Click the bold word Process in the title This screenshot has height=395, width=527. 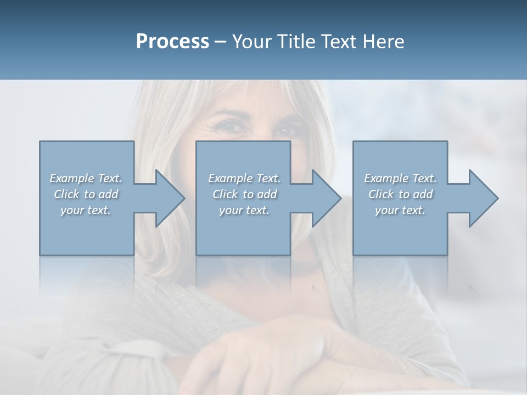(172, 42)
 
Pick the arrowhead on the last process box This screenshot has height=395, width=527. (483, 198)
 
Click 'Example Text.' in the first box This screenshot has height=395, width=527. (86, 178)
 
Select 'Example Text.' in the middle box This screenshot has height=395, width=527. (244, 178)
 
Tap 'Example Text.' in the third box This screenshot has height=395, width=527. (400, 178)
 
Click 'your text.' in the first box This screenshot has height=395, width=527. (86, 210)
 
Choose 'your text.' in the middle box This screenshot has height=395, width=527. (244, 210)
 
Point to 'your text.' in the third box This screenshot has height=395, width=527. (400, 210)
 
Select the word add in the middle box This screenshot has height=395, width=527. (267, 194)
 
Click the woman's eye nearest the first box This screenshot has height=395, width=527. (233, 127)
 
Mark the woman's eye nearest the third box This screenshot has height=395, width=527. (285, 132)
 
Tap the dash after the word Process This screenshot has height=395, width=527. (221, 42)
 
